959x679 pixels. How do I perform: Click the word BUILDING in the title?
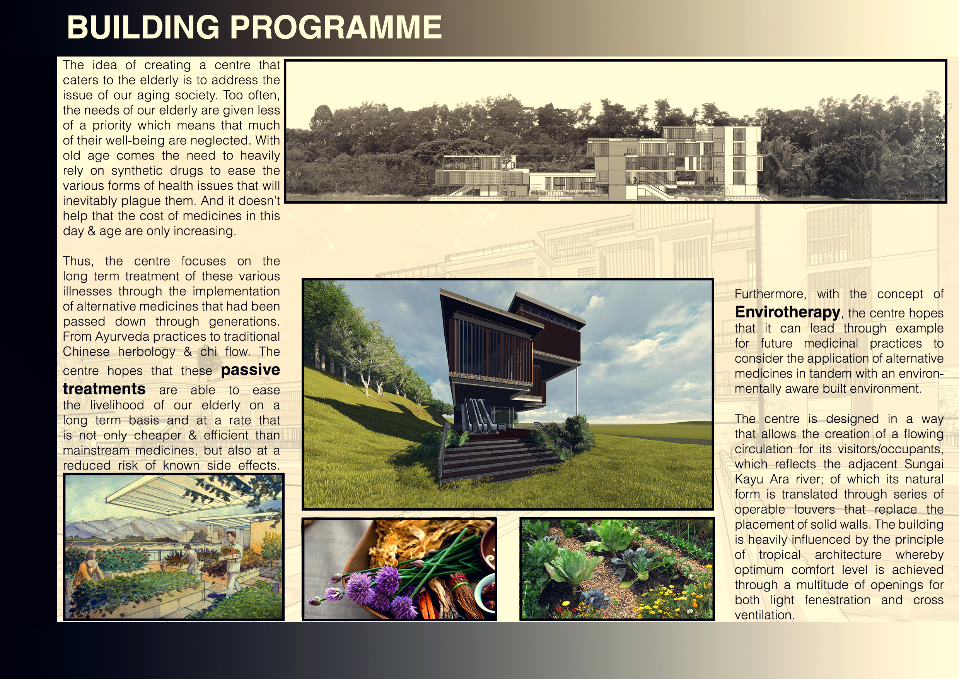pos(143,27)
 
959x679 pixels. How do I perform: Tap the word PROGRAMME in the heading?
pos(336,27)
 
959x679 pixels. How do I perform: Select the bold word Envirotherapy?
pos(787,312)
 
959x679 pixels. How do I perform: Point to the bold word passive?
pos(251,370)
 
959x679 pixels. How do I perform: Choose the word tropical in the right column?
pos(780,555)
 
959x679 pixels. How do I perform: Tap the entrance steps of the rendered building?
pos(499,460)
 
